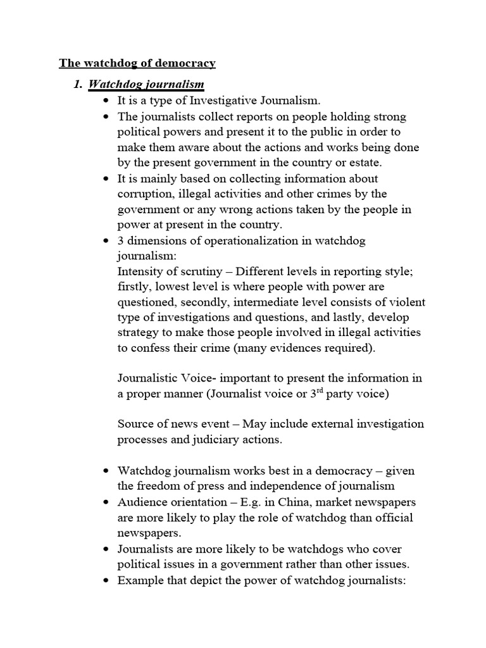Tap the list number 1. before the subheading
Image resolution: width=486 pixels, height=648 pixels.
pyautogui.click(x=78, y=84)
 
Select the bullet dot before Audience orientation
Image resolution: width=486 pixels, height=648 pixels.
pyautogui.click(x=105, y=502)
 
